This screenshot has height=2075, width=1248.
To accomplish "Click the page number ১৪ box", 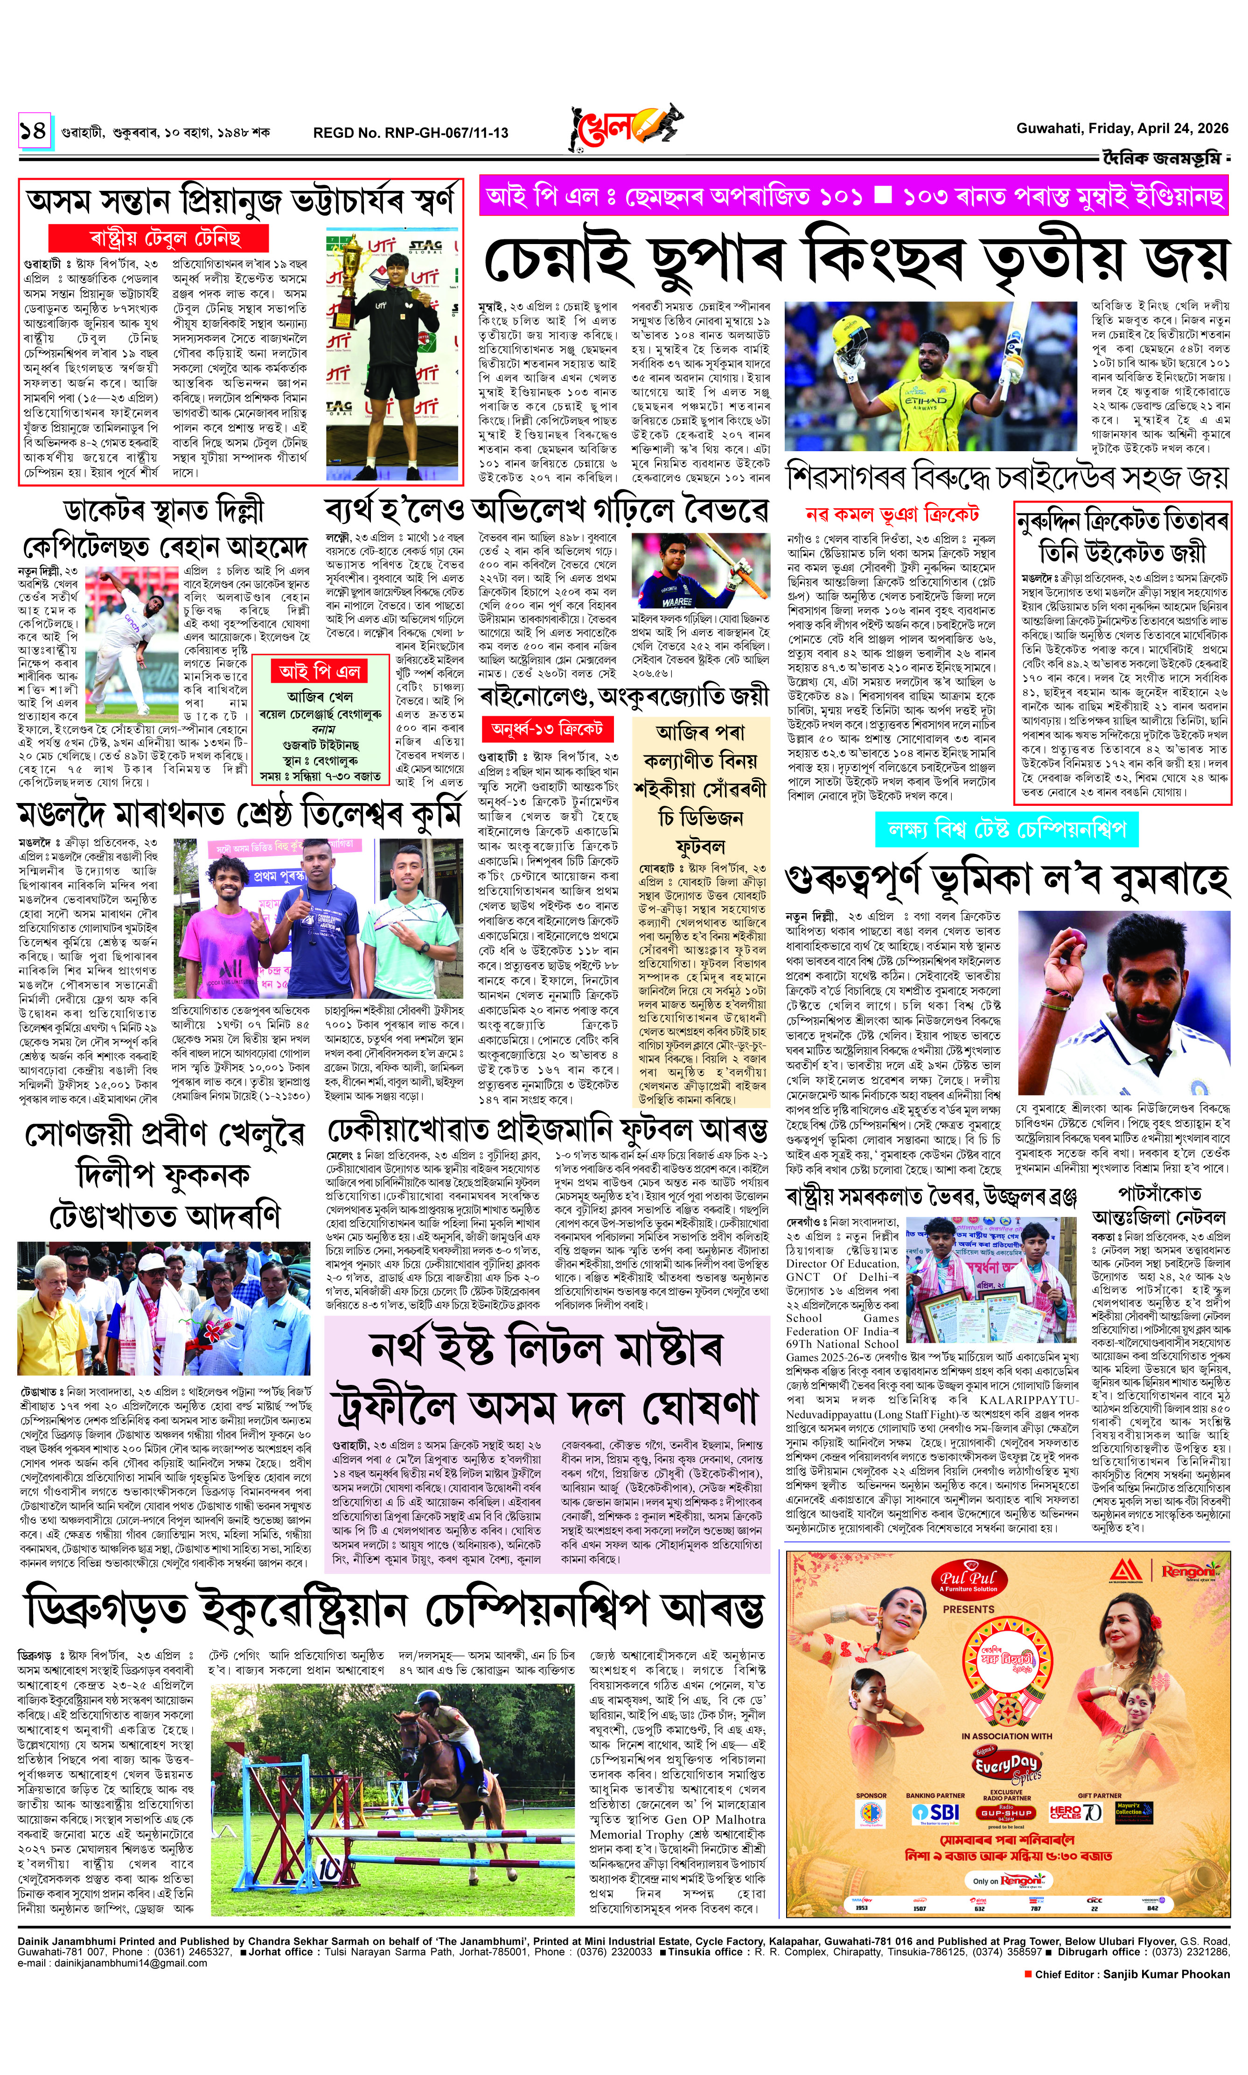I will (34, 132).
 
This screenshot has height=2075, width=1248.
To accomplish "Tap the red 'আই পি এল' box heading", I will (320, 671).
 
